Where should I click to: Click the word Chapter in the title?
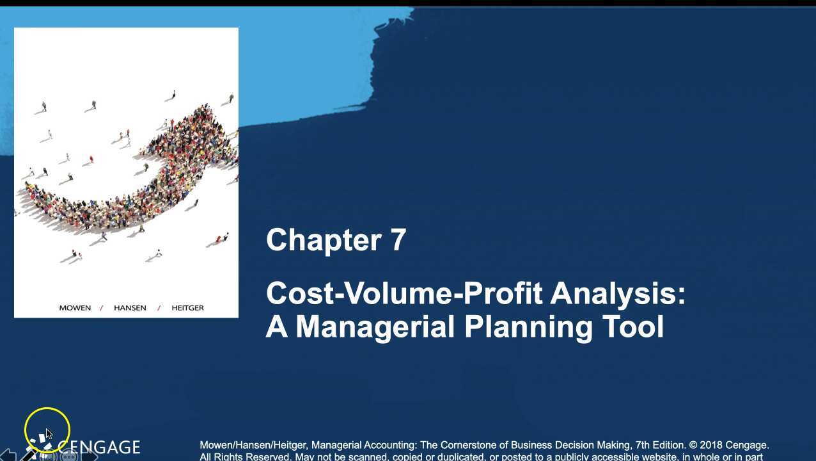324,241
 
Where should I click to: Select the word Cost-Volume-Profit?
404,294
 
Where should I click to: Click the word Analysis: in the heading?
618,294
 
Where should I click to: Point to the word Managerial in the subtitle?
377,327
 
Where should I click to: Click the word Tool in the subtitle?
633,327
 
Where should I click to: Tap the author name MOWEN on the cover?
75,308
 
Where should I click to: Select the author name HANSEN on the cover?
130,308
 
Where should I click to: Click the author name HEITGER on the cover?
187,308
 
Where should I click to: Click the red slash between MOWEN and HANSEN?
101,308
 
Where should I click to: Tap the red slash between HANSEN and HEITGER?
159,308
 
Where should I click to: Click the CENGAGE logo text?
98,447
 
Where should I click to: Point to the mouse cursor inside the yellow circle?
49,433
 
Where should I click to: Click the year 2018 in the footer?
711,445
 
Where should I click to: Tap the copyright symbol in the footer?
693,445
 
